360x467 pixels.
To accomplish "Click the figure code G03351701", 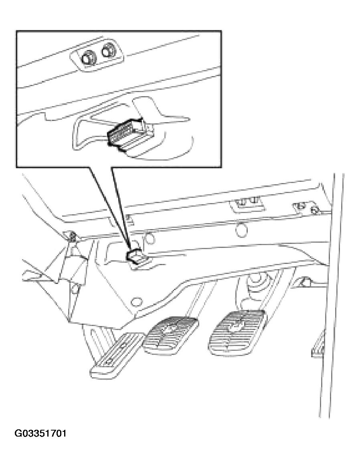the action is tap(40, 433).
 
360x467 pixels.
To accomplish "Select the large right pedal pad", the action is tap(237, 332).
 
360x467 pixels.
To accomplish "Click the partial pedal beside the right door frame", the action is tap(319, 344).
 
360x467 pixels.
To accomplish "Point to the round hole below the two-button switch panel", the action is tap(241, 229).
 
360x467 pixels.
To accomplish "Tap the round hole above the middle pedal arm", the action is tap(136, 302).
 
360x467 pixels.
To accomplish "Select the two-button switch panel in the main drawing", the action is tap(247, 204).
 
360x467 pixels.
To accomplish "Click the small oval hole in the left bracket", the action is tap(75, 288).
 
